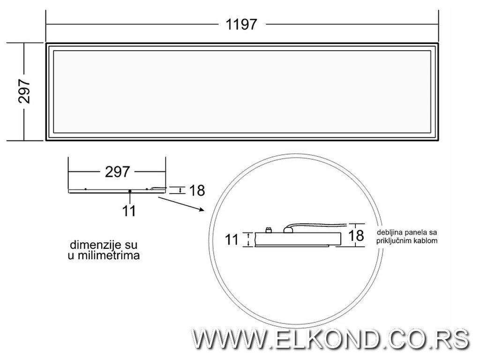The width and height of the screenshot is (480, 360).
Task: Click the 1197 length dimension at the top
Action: pyautogui.click(x=241, y=24)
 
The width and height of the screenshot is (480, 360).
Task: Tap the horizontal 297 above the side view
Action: pyautogui.click(x=117, y=172)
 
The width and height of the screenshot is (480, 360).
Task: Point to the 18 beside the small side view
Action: pyautogui.click(x=197, y=190)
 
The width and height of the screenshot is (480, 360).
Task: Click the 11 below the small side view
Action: pyautogui.click(x=129, y=211)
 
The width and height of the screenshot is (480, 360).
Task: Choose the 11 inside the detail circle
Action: pyautogui.click(x=232, y=240)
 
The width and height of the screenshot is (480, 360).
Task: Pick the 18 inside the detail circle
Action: pyautogui.click(x=356, y=235)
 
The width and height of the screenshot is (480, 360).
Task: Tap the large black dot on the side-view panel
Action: pyautogui.click(x=129, y=191)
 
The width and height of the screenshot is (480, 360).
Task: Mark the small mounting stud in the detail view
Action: pyautogui.click(x=269, y=230)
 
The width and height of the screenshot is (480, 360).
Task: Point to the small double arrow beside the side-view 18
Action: pyautogui.click(x=180, y=190)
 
